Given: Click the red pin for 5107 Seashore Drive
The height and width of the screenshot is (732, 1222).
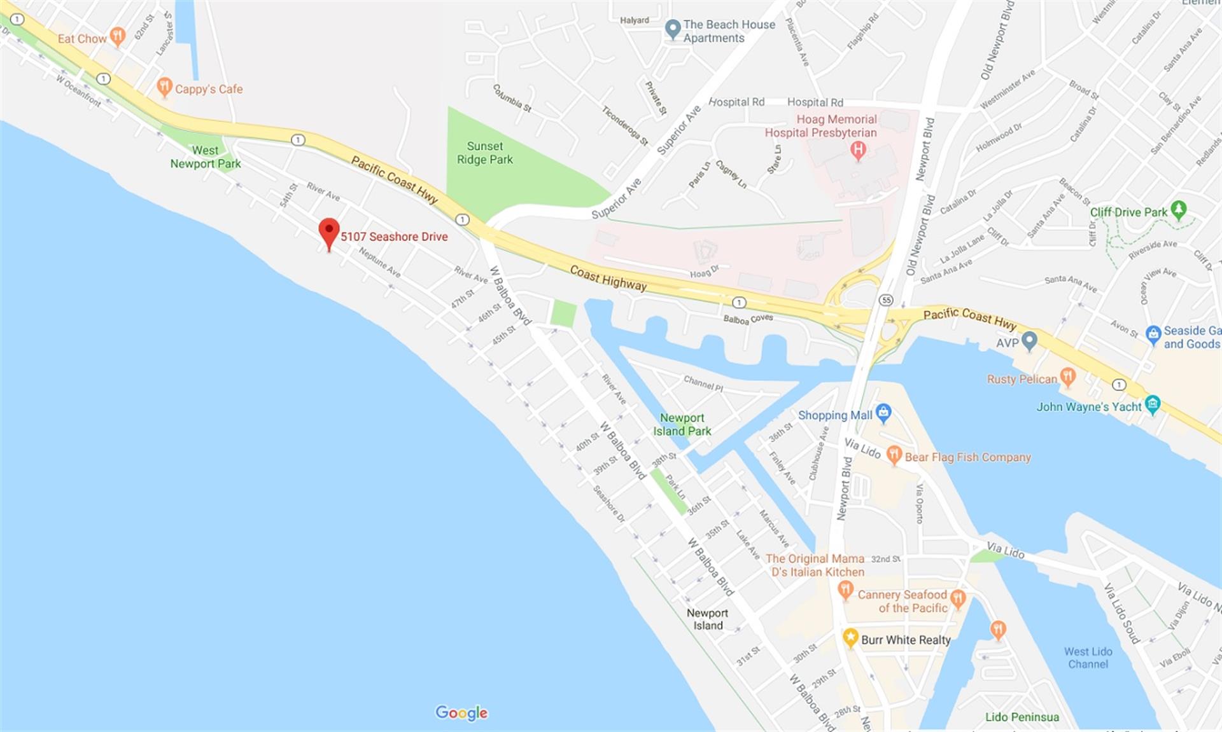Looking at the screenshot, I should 328,233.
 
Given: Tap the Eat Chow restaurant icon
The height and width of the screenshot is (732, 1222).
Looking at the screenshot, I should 117,37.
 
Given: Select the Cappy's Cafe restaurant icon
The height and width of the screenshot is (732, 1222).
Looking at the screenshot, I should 164,87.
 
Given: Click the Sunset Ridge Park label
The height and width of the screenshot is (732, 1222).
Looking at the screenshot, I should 484,153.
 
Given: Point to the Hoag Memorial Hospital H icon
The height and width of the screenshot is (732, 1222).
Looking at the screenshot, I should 858,151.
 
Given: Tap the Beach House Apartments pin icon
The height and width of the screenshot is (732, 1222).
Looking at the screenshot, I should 672,29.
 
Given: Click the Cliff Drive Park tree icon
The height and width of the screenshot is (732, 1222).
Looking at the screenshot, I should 1179,209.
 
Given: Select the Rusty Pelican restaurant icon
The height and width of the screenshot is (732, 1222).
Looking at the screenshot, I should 1068,377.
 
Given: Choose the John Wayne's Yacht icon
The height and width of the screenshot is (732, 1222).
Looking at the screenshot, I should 1152,404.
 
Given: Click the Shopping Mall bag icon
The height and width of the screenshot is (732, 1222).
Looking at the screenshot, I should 883,413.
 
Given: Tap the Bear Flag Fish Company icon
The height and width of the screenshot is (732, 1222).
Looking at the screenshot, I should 894,455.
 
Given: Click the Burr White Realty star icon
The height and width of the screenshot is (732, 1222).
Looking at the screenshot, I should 850,637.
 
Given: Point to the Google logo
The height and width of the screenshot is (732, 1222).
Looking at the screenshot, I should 461,713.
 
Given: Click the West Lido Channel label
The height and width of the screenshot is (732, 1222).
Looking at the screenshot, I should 1088,658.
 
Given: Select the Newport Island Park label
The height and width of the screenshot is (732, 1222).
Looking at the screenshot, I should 682,424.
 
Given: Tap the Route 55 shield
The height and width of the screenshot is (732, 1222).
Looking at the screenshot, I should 886,300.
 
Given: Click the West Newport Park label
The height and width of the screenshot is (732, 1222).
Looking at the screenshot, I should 205,157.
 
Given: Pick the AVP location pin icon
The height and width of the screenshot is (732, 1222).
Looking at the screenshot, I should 1029,342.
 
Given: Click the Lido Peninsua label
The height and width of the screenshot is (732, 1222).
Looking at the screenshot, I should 1022,717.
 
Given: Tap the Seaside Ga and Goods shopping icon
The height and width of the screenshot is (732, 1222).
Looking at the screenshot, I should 1153,335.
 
